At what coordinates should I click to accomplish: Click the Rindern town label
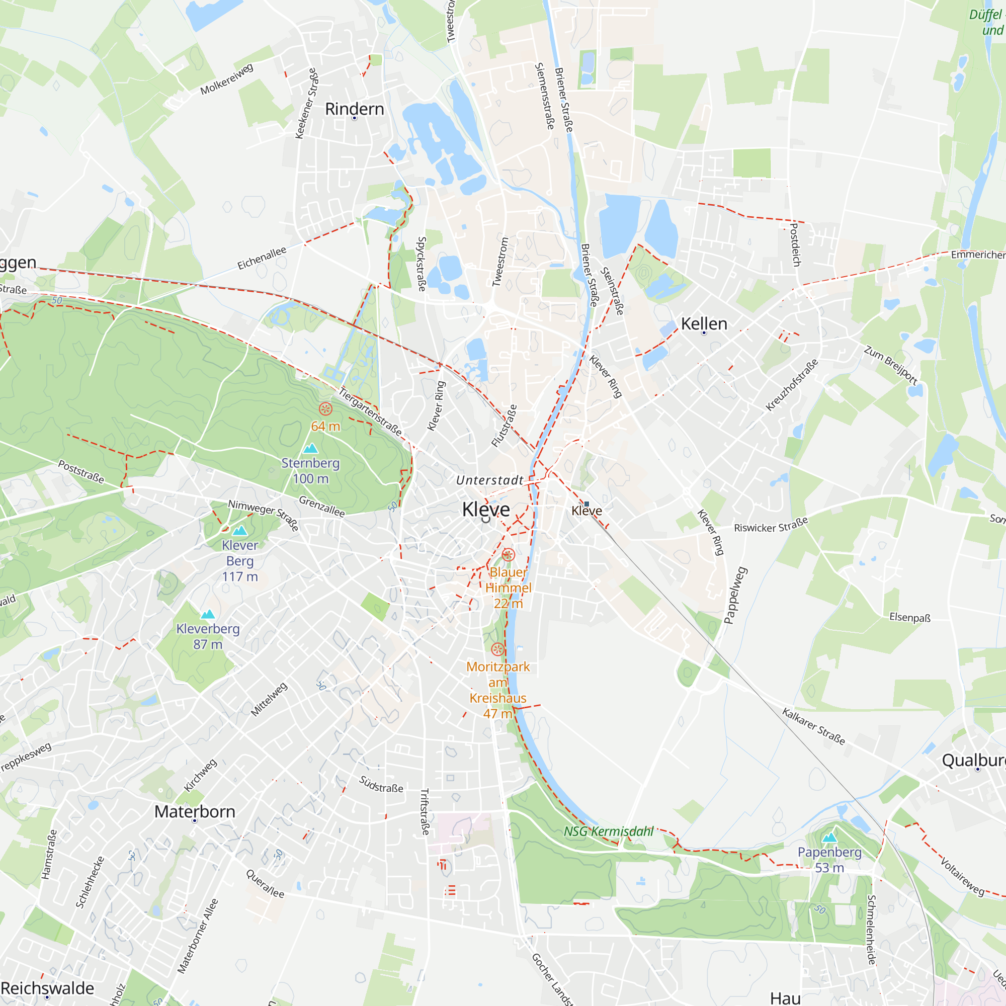[354, 109]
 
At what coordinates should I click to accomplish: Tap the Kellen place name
[704, 324]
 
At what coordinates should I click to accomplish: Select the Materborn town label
[195, 811]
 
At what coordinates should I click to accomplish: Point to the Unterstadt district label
[489, 480]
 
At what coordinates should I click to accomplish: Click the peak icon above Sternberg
[310, 448]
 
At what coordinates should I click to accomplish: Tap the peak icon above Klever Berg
[239, 531]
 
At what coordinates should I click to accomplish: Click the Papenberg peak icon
[829, 838]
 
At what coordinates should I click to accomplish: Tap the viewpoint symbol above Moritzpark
[498, 649]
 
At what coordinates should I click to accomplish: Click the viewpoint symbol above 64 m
[325, 409]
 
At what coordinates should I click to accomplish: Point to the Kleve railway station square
[586, 504]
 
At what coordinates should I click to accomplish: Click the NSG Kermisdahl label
[608, 831]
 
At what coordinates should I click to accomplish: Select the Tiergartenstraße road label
[370, 411]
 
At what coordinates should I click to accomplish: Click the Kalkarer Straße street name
[813, 726]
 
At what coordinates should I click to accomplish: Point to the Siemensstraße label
[545, 97]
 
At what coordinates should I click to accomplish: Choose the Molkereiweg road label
[226, 79]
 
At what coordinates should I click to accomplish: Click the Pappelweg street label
[735, 595]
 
